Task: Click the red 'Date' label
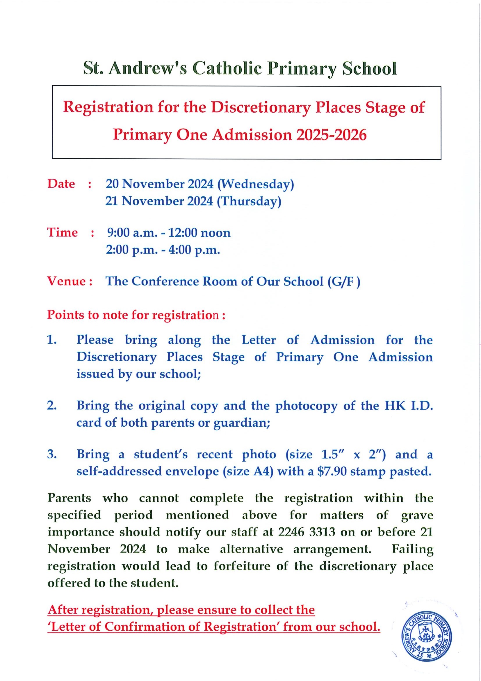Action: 61,184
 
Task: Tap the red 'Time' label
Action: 62,233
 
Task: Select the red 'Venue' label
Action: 67,281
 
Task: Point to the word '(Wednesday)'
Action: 255,185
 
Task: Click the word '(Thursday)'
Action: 249,202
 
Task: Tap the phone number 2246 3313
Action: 307,532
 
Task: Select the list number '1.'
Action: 52,340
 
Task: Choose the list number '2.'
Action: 52,405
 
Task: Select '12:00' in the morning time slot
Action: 182,233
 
